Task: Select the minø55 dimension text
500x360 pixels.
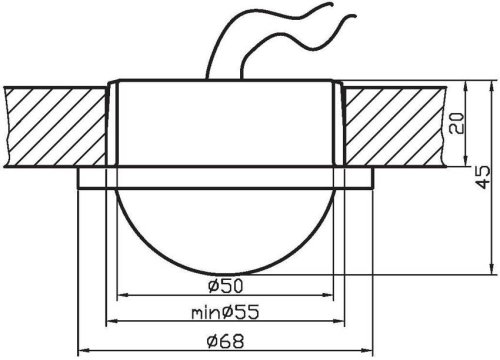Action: (226, 312)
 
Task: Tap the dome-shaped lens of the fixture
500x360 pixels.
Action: (228, 230)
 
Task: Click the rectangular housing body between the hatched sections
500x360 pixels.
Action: (228, 125)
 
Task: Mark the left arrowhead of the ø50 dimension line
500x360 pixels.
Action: (122, 297)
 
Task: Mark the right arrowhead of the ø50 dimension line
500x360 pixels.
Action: (336, 297)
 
